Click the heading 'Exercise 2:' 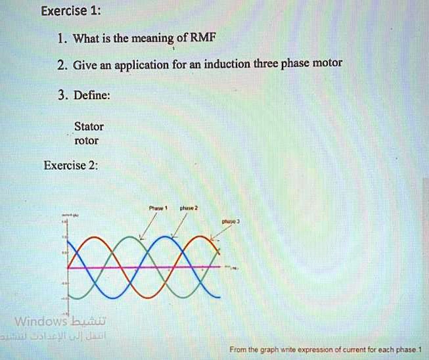pyautogui.click(x=70, y=165)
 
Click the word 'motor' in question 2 pyautogui.click(x=326, y=64)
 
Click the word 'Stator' pyautogui.click(x=89, y=126)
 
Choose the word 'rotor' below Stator pyautogui.click(x=87, y=140)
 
